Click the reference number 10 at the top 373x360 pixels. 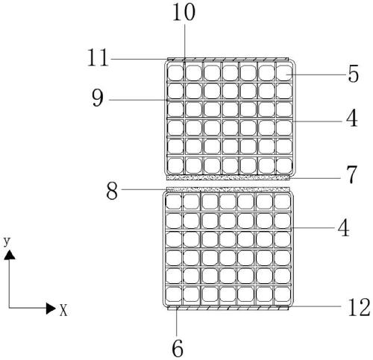click(x=184, y=13)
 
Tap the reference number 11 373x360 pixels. click(x=98, y=57)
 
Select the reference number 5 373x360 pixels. click(x=353, y=74)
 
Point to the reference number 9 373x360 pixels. click(x=98, y=98)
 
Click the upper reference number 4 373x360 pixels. click(x=351, y=119)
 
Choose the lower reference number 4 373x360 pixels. click(x=343, y=228)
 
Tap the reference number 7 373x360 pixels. click(x=352, y=175)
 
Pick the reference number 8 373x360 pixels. click(x=112, y=191)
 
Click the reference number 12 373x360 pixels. click(x=359, y=307)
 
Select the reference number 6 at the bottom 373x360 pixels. click(x=178, y=348)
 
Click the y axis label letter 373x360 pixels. click(x=7, y=241)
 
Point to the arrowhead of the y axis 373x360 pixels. click(x=9, y=255)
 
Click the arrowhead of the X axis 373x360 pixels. click(x=51, y=309)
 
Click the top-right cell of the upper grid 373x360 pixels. click(x=284, y=73)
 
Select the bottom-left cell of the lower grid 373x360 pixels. click(x=174, y=295)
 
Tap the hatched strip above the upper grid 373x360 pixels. click(x=228, y=60)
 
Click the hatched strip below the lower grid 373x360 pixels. click(x=228, y=308)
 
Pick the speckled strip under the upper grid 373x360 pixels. click(x=228, y=177)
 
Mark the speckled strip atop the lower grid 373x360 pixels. click(x=228, y=189)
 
